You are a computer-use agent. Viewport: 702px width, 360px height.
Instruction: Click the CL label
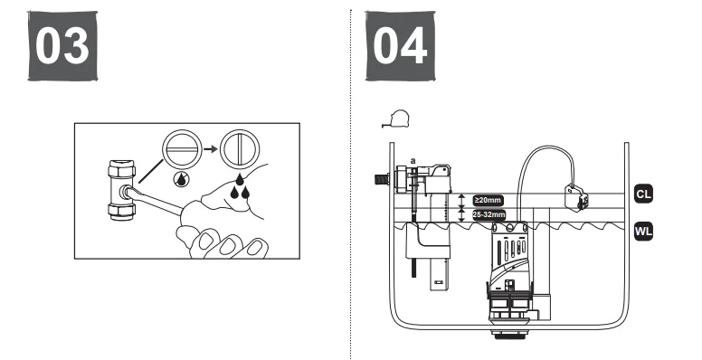click(x=643, y=194)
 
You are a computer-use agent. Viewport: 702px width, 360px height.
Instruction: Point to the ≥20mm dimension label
click(x=488, y=200)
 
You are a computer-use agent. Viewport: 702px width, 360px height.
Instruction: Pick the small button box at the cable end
click(x=572, y=193)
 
